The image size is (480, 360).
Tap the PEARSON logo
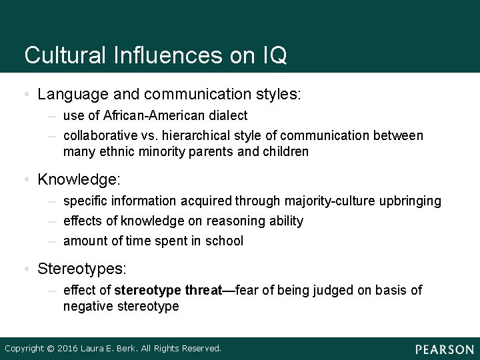click(444, 349)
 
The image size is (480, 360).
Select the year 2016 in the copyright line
click(69, 348)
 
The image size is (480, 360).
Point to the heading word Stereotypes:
click(82, 269)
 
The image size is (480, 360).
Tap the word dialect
click(229, 115)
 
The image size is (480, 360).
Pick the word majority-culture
click(327, 201)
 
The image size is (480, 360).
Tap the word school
click(225, 241)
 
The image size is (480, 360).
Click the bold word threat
click(203, 290)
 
